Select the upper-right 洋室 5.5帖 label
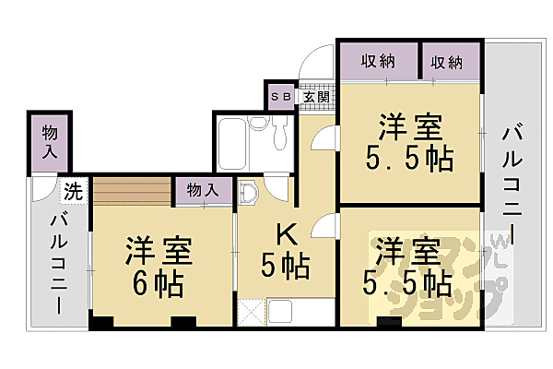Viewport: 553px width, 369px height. point(412,143)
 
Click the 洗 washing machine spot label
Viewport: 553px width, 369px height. point(74,192)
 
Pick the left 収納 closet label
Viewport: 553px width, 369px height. point(378,62)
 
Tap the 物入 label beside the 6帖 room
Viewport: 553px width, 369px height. point(203,190)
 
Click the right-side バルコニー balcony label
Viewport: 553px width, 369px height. point(513,184)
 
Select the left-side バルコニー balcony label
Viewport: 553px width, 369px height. point(58,262)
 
